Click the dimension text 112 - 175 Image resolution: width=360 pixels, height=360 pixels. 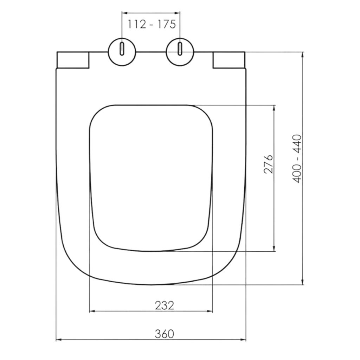coord(152,24)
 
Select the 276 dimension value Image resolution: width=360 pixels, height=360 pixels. coord(268,164)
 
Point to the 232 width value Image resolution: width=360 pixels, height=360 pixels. coord(165,306)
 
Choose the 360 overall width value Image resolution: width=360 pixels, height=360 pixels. coord(165,334)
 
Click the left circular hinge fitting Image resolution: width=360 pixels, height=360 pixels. coord(122,52)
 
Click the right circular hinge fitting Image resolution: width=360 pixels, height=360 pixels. coord(180,52)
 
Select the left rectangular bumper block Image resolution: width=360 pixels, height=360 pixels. coord(73,60)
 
